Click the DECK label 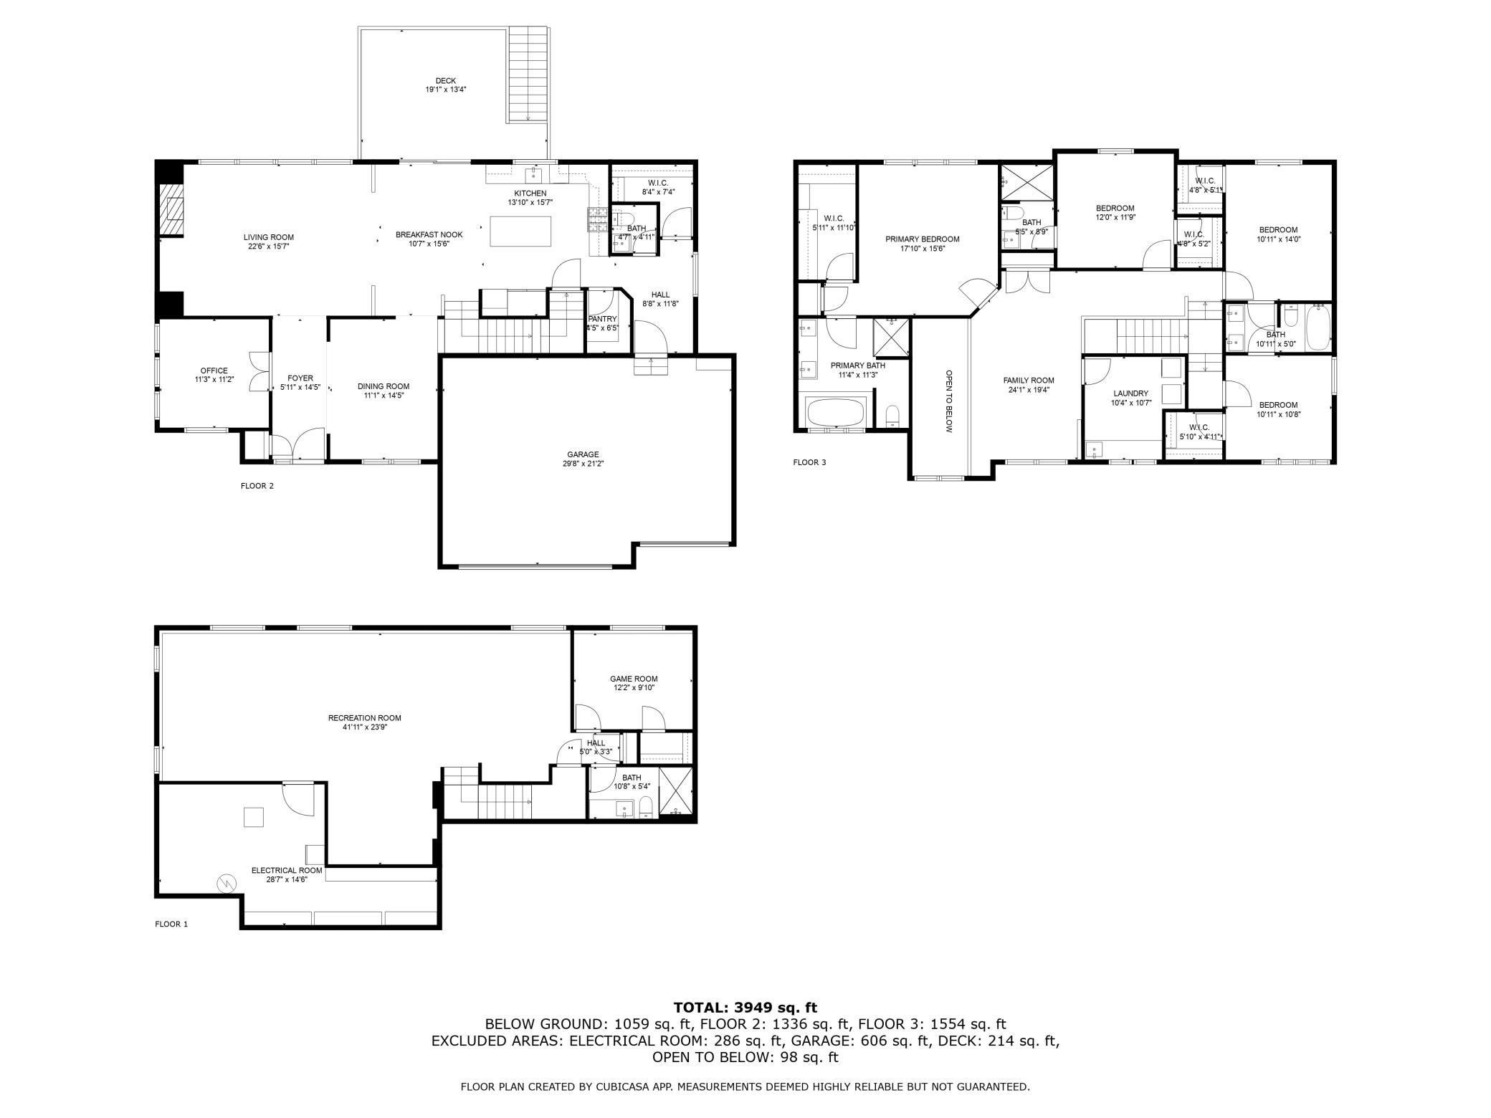coord(445,81)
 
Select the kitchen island coord(520,231)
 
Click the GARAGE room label coord(583,454)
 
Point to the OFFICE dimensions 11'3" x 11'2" coord(214,380)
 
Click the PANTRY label coord(602,319)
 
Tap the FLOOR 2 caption coord(257,486)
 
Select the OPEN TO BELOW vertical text coord(948,401)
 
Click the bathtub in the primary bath coord(836,413)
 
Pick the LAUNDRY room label coord(1131,393)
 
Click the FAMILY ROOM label coord(1029,381)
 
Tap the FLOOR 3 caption coord(809,462)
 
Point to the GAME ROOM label coord(634,679)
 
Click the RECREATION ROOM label coord(365,718)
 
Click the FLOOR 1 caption coord(171,924)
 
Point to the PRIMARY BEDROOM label coord(922,239)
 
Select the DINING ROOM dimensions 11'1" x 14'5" coord(384,396)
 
